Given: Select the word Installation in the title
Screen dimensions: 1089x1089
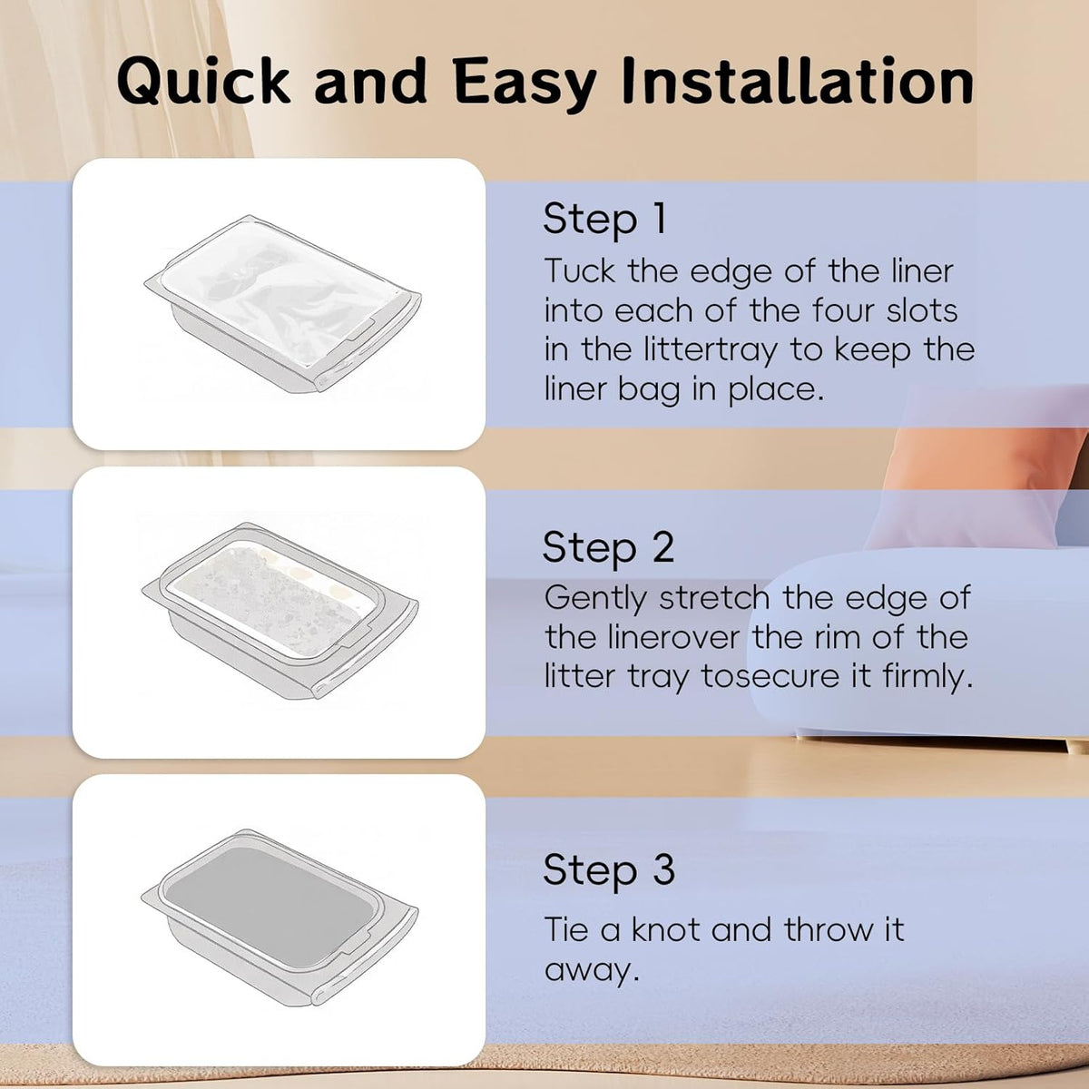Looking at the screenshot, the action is pos(798,80).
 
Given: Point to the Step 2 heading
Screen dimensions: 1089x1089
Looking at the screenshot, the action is pos(608,547).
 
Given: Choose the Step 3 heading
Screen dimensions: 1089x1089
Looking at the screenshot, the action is pos(609,869).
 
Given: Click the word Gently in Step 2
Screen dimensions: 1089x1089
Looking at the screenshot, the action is pos(595,599).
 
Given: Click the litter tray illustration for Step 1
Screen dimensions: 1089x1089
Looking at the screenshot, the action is pos(283,303).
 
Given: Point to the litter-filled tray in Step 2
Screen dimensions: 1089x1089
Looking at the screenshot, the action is pos(280,611).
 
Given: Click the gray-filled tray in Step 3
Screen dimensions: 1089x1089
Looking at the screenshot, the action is pos(280,917).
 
